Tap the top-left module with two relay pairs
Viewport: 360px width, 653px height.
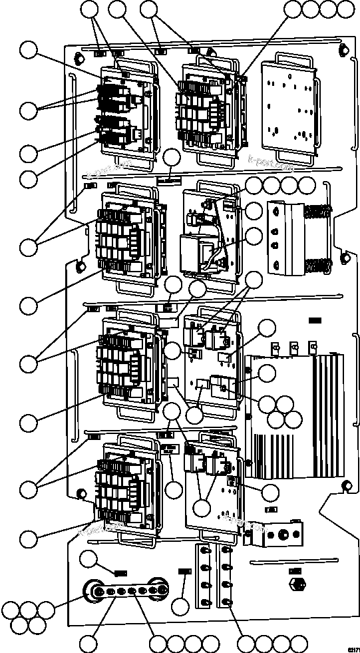126,113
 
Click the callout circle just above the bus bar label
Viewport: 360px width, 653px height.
89,560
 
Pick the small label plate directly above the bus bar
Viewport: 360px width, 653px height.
120,572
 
